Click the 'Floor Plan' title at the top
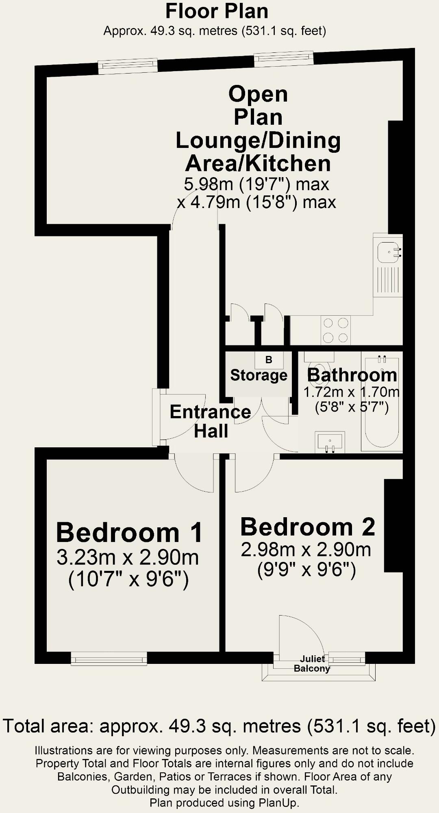[217, 11]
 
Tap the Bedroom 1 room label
[129, 533]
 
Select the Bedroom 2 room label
[308, 527]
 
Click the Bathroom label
[352, 375]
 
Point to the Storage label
[259, 375]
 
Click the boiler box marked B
[269, 360]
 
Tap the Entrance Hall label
[211, 421]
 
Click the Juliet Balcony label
[312, 663]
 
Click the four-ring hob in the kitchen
[335, 330]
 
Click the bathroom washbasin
[330, 442]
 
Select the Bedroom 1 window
[109, 659]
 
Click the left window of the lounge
[128, 66]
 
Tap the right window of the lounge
[284, 59]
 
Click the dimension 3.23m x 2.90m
[128, 558]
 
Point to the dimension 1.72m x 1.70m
[352, 392]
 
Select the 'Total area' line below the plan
[219, 726]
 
